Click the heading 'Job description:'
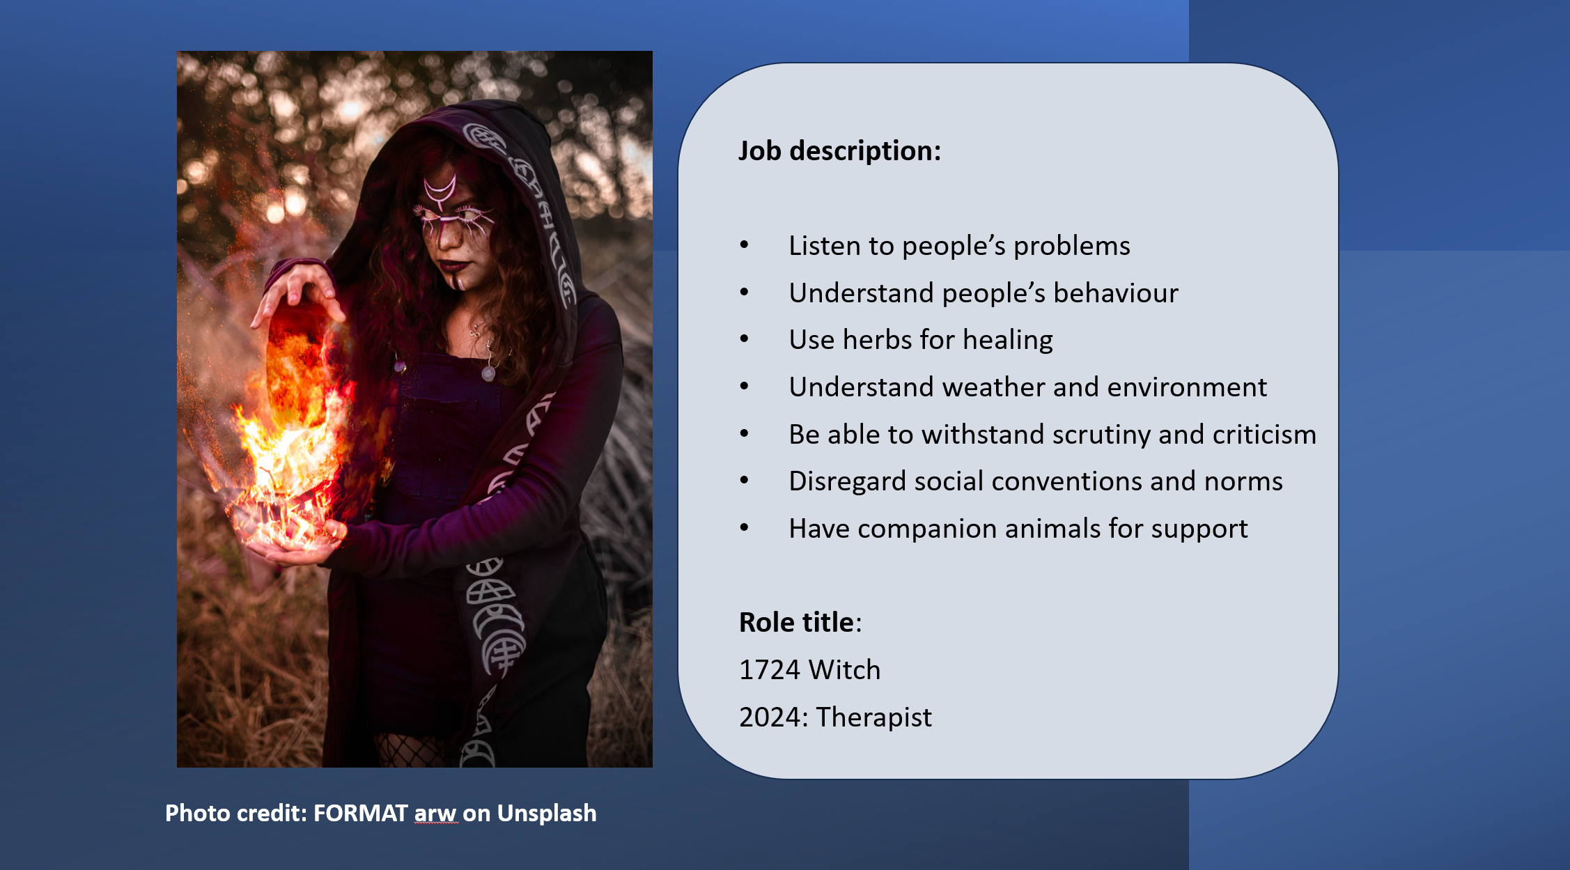[x=839, y=151]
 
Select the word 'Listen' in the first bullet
[x=815, y=246]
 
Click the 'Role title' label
[x=796, y=622]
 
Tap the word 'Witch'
[x=845, y=670]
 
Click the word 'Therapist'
[x=873, y=717]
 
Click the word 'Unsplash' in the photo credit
[x=547, y=814]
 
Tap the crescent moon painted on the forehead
[x=440, y=188]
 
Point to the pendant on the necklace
[x=488, y=375]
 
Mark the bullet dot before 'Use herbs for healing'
[x=745, y=339]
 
